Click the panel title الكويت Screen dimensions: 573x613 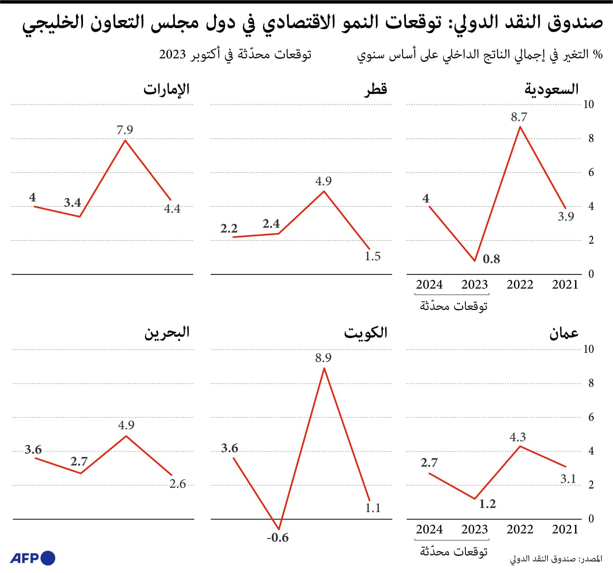366,333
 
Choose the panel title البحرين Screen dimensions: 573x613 167,333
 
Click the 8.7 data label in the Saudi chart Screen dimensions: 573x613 519,117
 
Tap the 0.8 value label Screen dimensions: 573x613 491,259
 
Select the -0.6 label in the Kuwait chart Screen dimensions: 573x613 278,537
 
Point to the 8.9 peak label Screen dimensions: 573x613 323,358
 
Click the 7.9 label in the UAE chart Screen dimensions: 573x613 125,130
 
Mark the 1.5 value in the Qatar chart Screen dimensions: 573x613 373,256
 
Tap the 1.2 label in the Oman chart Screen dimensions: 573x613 487,504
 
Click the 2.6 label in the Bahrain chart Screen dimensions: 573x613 178,484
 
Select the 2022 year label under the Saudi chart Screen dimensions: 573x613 520,285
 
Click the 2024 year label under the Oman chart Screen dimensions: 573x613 429,530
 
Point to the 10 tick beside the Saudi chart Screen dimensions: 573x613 588,104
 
